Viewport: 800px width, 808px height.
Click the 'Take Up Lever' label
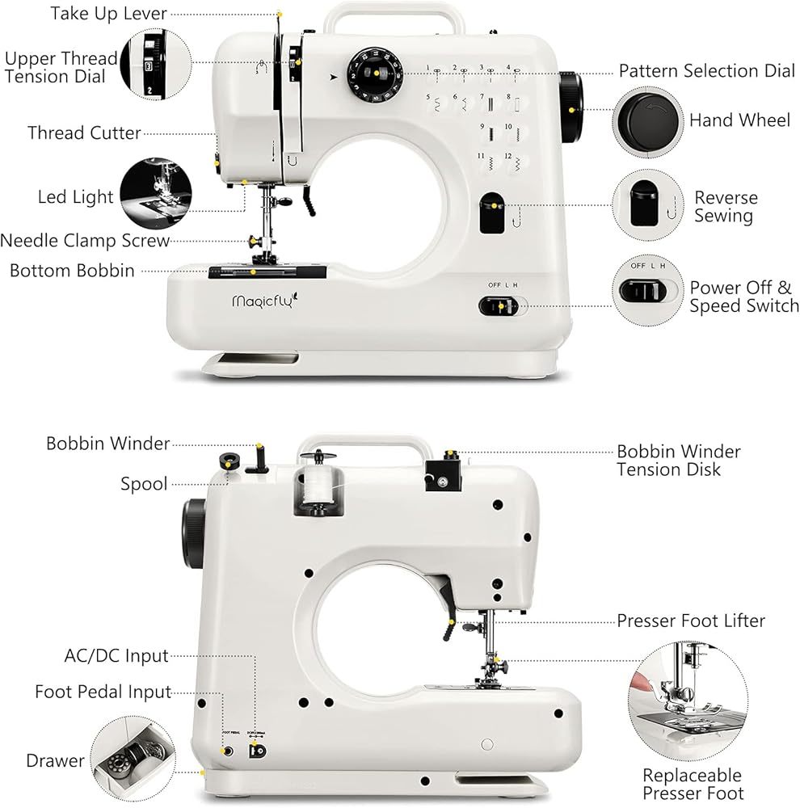(x=108, y=13)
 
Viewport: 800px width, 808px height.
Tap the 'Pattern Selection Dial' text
(x=706, y=71)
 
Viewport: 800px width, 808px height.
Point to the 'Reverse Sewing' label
(x=725, y=207)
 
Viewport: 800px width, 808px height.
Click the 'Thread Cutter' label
(x=84, y=133)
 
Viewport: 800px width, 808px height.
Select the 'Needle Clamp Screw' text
(x=85, y=241)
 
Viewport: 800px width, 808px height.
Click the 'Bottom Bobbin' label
(x=72, y=271)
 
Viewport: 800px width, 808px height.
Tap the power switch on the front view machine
(x=497, y=306)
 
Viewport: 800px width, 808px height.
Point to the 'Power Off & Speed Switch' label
(x=743, y=297)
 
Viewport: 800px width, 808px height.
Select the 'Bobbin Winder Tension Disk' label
(x=678, y=461)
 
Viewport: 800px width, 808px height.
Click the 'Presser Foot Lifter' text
(x=690, y=621)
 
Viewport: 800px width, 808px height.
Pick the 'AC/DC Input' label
(x=116, y=655)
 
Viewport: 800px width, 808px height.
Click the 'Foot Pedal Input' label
(x=103, y=692)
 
